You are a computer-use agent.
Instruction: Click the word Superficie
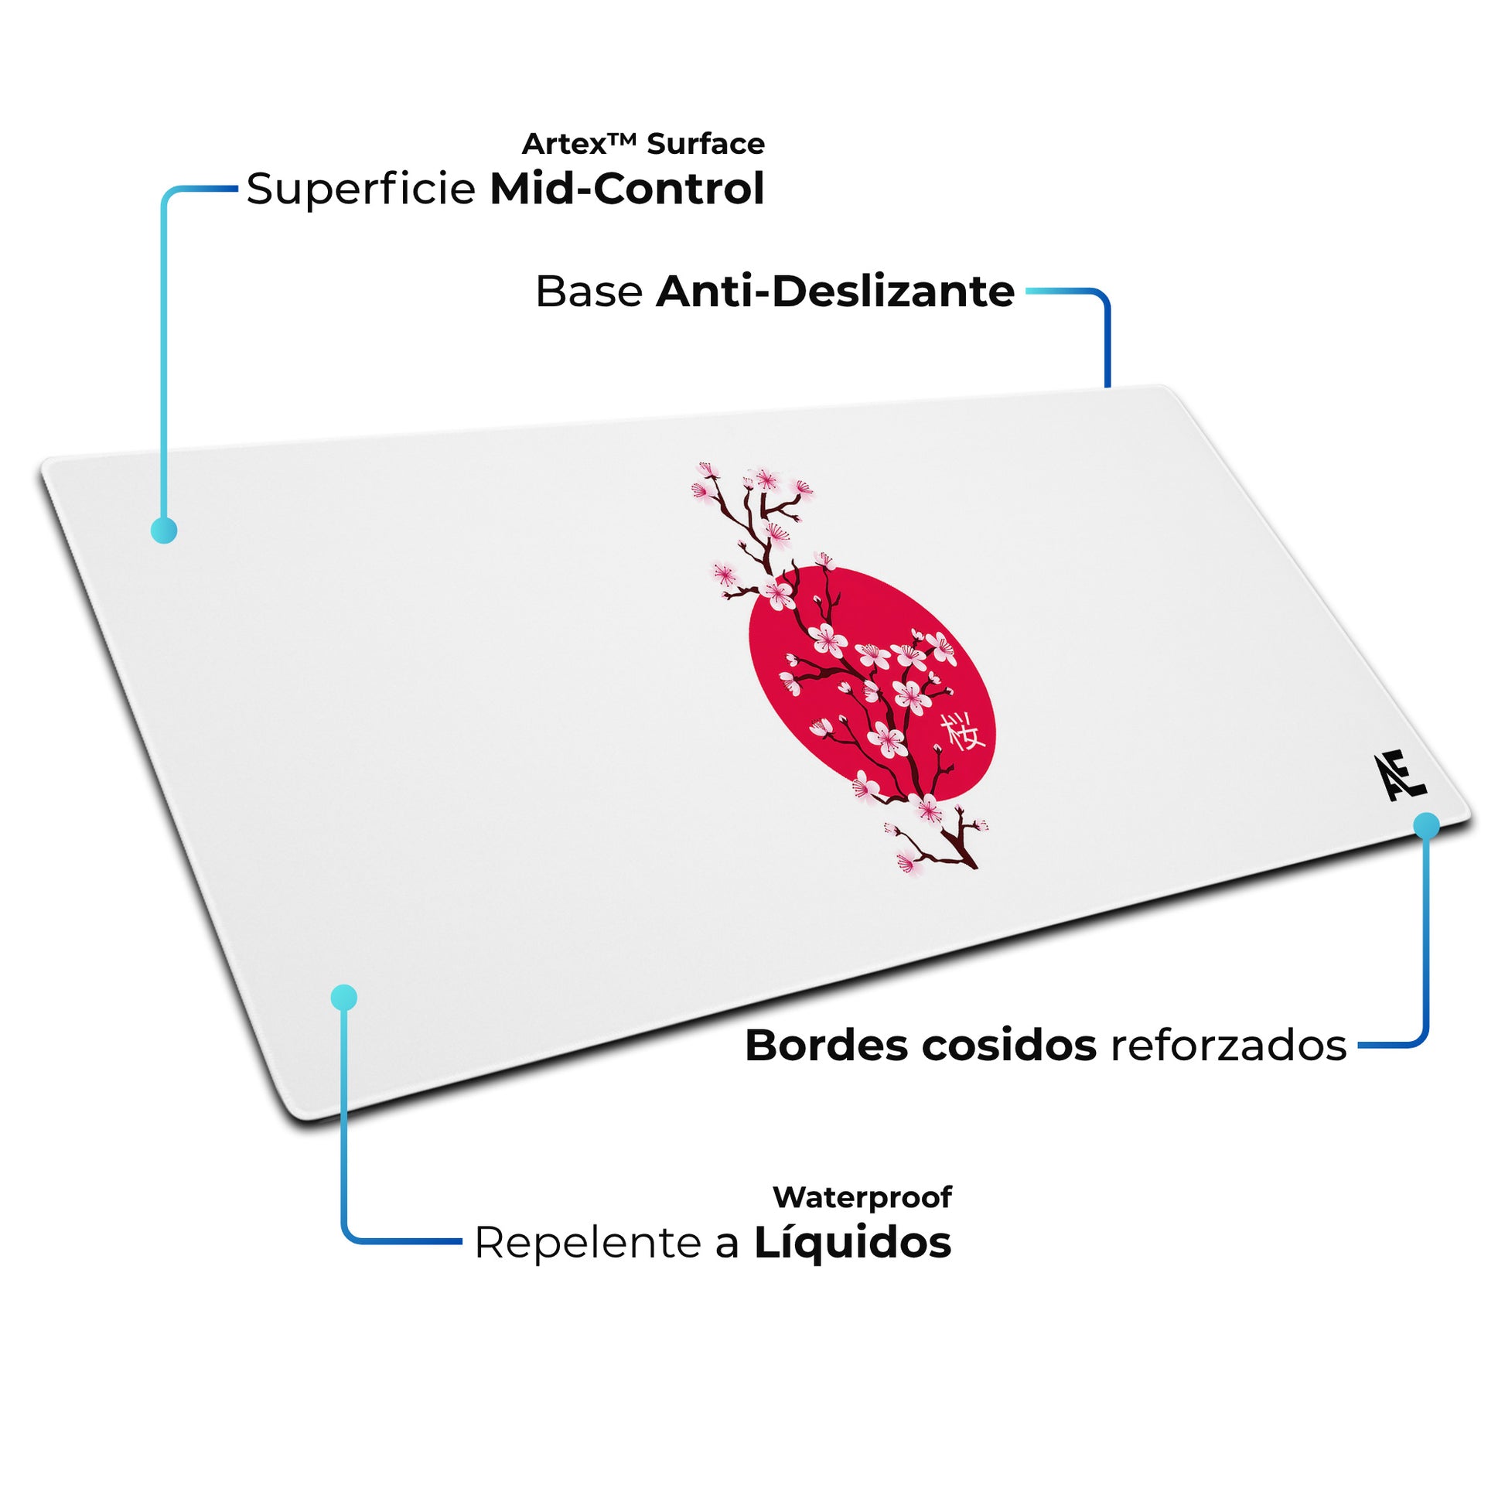pyautogui.click(x=360, y=189)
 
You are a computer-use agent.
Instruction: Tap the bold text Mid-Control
pyautogui.click(x=627, y=189)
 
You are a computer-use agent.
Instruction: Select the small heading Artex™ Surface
pyautogui.click(x=643, y=144)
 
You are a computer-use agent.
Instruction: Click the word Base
pyautogui.click(x=589, y=292)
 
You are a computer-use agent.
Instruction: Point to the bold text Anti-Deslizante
pyautogui.click(x=835, y=292)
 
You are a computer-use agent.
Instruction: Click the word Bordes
pyautogui.click(x=827, y=1046)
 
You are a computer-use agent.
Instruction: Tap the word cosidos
pyautogui.click(x=1009, y=1046)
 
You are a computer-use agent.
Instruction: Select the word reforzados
pyautogui.click(x=1228, y=1046)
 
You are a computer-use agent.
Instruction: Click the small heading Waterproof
pyautogui.click(x=862, y=1197)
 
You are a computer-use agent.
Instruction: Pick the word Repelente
pyautogui.click(x=588, y=1243)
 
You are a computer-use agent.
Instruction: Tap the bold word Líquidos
pyautogui.click(x=852, y=1243)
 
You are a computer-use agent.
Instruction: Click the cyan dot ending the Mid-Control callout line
pyautogui.click(x=164, y=531)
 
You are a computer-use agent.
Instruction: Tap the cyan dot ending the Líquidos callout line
pyautogui.click(x=343, y=997)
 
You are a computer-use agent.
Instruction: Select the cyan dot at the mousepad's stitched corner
pyautogui.click(x=1426, y=826)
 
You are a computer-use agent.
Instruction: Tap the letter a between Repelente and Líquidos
pyautogui.click(x=727, y=1244)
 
